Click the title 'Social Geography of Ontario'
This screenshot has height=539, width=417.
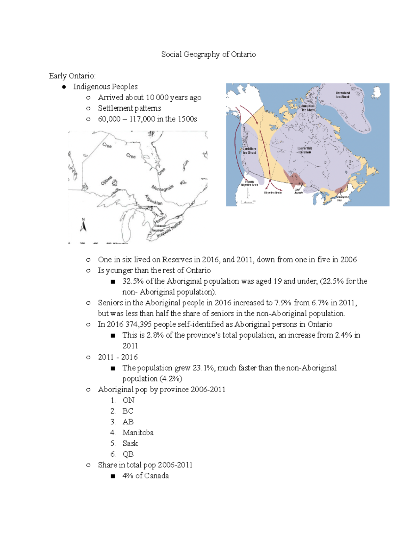click(x=208, y=54)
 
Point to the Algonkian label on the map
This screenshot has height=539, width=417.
click(x=154, y=200)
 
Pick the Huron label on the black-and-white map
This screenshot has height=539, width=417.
click(x=160, y=219)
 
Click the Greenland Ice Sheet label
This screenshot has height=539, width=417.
click(x=342, y=95)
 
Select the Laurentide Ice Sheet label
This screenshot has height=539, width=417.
click(x=304, y=150)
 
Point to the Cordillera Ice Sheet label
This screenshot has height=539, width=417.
click(x=249, y=150)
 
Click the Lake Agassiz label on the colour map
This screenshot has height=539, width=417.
click(x=298, y=191)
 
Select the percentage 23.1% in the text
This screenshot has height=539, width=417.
click(x=203, y=368)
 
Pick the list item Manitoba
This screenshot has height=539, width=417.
click(x=138, y=432)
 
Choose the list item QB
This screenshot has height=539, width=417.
click(x=128, y=454)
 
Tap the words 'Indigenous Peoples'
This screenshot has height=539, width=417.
click(x=105, y=87)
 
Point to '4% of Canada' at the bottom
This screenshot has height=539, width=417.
click(x=145, y=476)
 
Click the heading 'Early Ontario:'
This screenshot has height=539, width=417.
click(x=72, y=76)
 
